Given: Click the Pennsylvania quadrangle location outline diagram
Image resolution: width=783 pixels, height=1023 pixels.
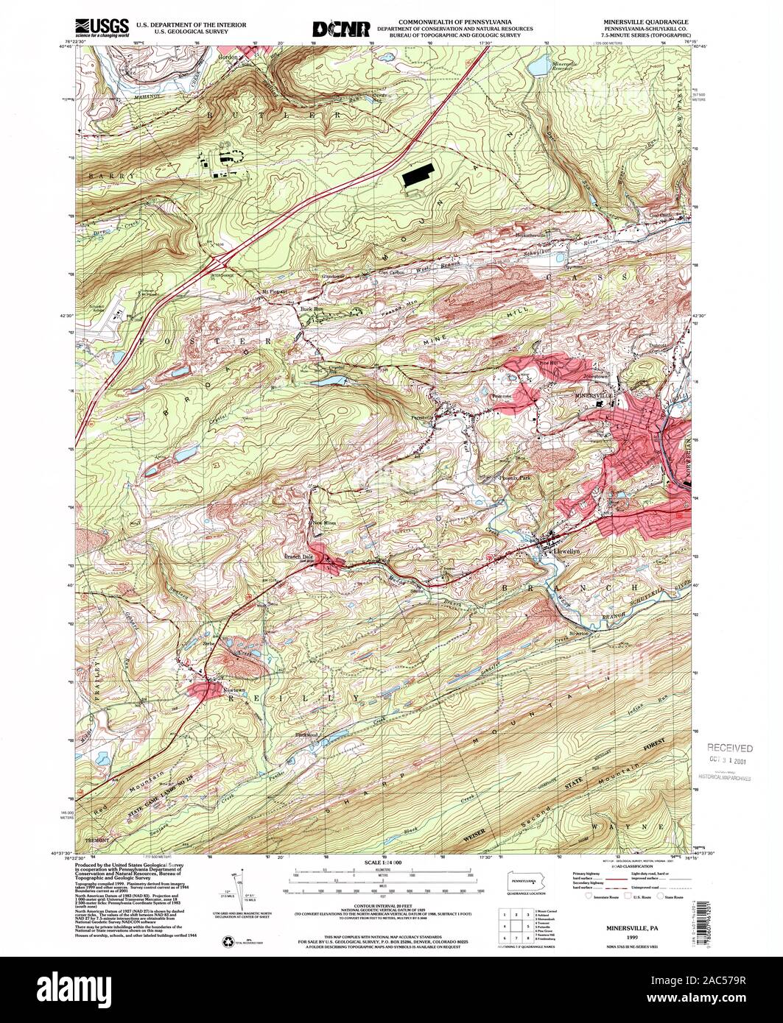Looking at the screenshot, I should (524, 881).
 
